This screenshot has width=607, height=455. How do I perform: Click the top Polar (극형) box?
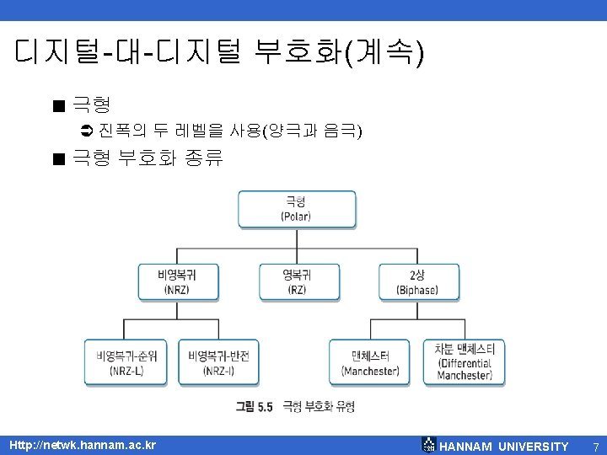(x=297, y=208)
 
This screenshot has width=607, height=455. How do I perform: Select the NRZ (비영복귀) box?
(x=178, y=281)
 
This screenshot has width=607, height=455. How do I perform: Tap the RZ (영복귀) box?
(x=298, y=281)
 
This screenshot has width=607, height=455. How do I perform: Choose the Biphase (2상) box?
(x=418, y=281)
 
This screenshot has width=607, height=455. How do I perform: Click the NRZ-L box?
(x=127, y=362)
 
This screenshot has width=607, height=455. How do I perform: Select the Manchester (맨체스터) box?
(x=370, y=362)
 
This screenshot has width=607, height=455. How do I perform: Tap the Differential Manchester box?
(x=465, y=362)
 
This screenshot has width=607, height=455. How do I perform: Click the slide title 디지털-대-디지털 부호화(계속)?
(x=220, y=53)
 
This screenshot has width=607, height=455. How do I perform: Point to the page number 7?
(x=594, y=446)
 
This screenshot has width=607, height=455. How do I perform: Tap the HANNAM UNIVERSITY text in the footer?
(x=504, y=446)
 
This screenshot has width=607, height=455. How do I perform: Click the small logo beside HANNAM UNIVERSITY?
(x=428, y=446)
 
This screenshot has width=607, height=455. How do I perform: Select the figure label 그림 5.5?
(x=255, y=406)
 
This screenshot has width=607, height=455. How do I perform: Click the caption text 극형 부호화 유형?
(x=319, y=406)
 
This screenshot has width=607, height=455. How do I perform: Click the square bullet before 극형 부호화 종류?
(x=57, y=158)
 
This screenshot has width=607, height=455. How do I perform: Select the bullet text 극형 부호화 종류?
(x=148, y=158)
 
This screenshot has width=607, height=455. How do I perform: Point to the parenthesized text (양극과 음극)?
(x=312, y=131)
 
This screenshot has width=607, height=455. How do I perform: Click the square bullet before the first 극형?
(x=57, y=106)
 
